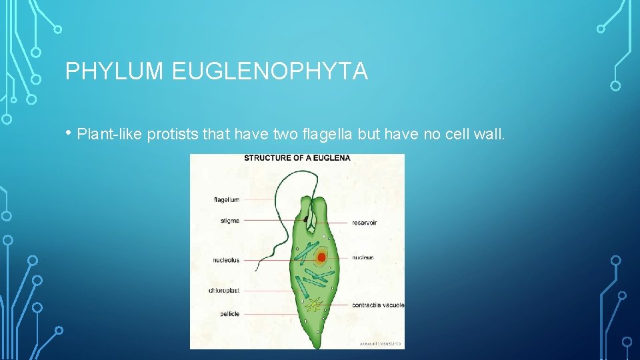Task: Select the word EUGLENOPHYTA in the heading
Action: click(x=269, y=71)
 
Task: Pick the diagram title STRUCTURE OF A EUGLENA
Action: click(x=297, y=158)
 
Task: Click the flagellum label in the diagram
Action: click(x=226, y=199)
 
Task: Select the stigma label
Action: click(x=229, y=220)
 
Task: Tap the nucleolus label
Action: click(x=226, y=260)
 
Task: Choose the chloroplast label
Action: click(x=224, y=291)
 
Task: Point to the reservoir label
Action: click(x=364, y=223)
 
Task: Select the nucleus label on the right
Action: click(x=363, y=257)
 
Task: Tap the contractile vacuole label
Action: click(x=378, y=305)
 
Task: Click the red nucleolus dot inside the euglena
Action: click(x=321, y=257)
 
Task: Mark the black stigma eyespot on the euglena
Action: click(x=308, y=217)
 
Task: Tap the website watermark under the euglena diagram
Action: click(x=380, y=343)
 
